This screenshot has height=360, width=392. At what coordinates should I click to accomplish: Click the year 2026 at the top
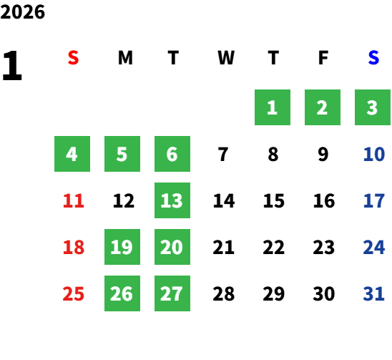22,12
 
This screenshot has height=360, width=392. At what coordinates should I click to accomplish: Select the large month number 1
12,66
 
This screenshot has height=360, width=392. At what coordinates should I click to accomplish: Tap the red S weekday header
73,58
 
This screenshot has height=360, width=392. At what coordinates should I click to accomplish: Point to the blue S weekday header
373,58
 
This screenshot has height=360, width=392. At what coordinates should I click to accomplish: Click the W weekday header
226,58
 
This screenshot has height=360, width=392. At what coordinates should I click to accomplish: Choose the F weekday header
323,58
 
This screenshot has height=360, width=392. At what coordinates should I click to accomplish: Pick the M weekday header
125,58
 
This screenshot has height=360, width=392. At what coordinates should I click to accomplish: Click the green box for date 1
273,107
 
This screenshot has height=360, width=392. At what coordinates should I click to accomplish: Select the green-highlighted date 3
373,107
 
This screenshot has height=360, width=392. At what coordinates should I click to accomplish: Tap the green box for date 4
72,154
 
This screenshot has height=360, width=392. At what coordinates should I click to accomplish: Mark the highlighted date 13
172,200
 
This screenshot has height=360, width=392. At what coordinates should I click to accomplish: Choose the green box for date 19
122,247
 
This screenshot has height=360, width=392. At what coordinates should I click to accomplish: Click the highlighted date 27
172,293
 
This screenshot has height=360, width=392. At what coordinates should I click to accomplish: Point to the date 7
223,154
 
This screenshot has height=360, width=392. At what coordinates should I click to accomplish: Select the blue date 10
374,154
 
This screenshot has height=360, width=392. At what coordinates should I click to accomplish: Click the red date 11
74,200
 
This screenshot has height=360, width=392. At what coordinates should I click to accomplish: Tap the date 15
274,200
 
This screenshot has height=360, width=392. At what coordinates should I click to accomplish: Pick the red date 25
73,293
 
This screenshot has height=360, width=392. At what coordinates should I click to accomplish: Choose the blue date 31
373,293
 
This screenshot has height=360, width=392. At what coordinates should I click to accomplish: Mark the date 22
274,247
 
